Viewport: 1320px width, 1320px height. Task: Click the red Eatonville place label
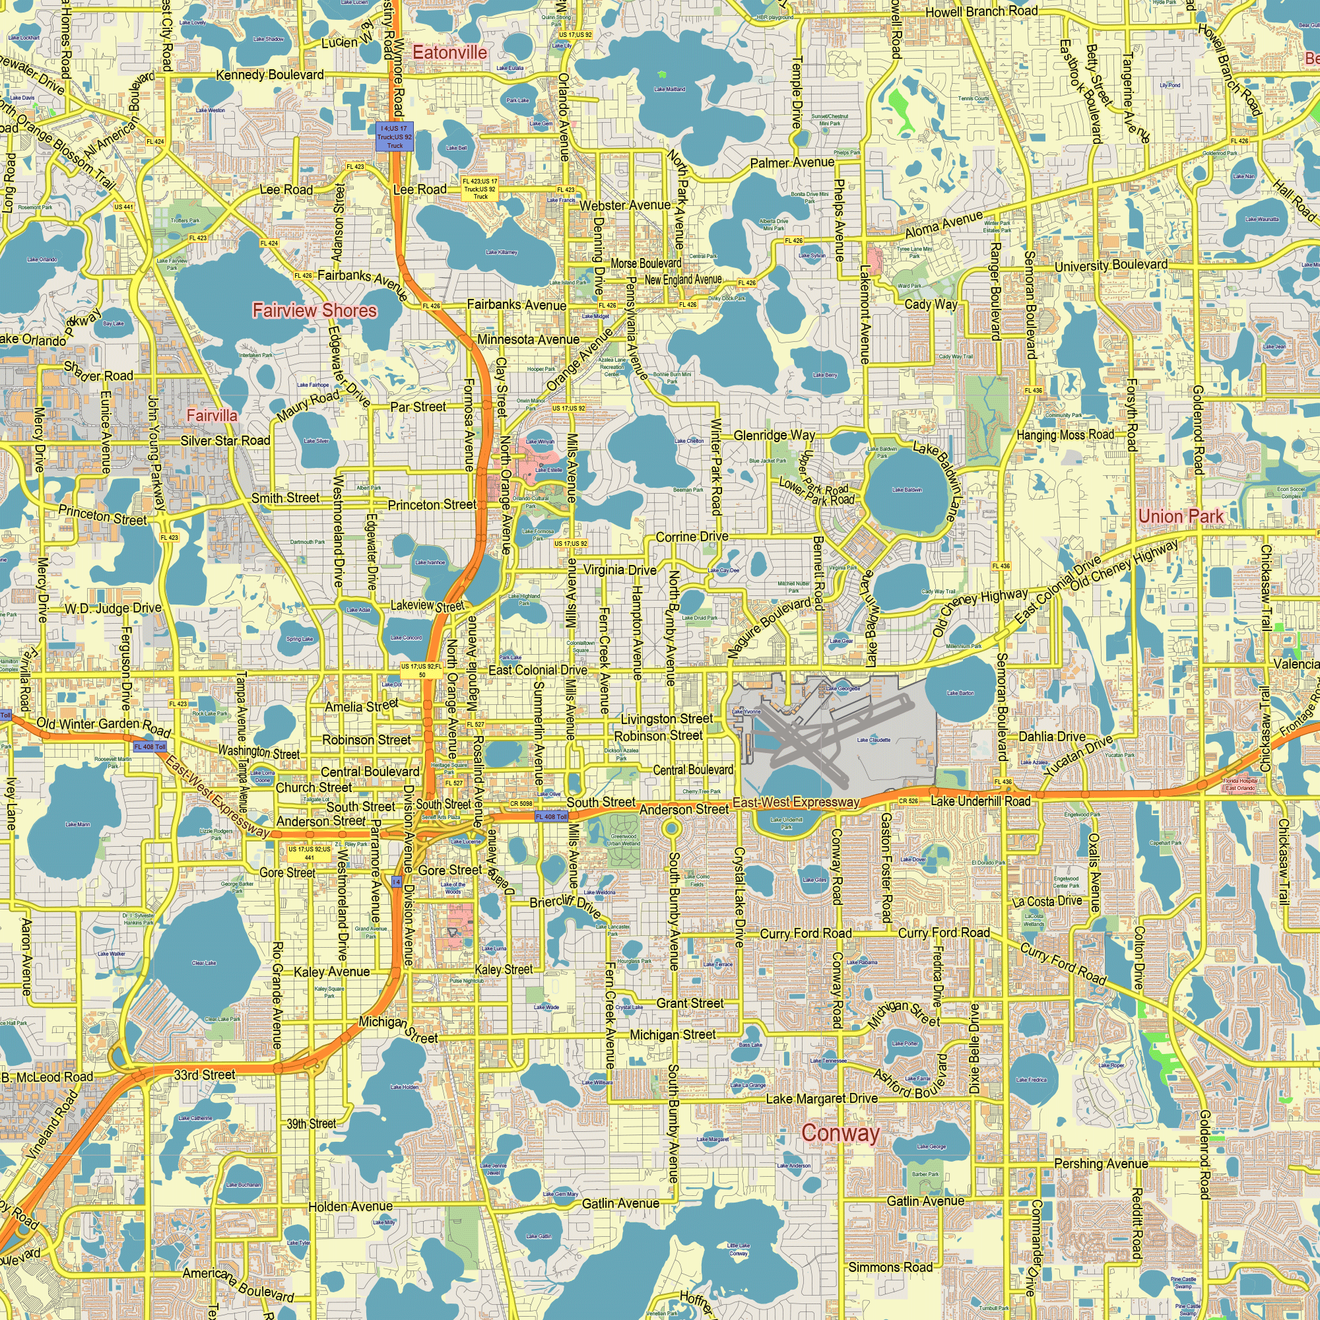pos(450,53)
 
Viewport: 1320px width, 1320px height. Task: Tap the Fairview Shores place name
pos(314,310)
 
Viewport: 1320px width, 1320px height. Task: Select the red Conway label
pos(840,1132)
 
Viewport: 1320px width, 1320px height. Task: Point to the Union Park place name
pos(1181,516)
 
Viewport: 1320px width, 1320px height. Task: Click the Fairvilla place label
pos(212,415)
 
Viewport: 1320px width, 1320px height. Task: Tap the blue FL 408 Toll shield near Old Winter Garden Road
pos(150,746)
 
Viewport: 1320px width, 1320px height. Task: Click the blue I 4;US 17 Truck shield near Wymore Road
pos(395,137)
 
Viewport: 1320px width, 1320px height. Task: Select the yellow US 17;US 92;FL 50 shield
pos(422,671)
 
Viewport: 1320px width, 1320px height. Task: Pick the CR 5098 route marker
pos(521,803)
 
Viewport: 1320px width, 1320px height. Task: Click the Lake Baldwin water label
pos(907,490)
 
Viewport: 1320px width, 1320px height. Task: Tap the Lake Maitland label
pos(669,90)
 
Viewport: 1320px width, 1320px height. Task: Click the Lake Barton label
pos(960,693)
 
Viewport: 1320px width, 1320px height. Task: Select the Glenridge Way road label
pos(774,435)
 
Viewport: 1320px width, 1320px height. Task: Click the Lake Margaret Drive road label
pos(821,1099)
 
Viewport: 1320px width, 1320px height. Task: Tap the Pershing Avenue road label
pos(1101,1163)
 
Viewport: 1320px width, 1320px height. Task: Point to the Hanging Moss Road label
pos(1065,434)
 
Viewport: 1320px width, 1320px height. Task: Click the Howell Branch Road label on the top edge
pos(981,12)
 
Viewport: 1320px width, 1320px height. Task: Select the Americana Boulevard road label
pos(237,1284)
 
